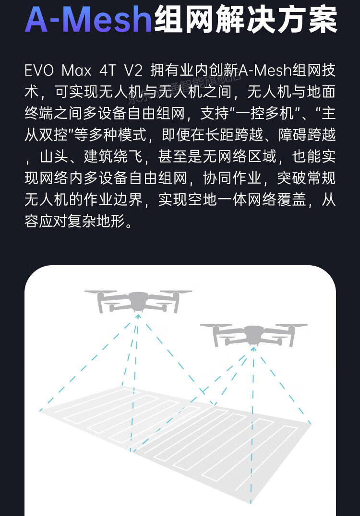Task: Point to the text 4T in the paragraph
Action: point(107,71)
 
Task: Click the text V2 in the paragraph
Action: point(133,71)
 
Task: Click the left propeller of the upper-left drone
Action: point(101,292)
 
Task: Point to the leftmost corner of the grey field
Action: point(40,411)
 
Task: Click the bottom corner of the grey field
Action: point(251,503)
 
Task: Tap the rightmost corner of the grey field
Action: point(311,424)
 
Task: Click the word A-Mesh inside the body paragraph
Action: point(265,71)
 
